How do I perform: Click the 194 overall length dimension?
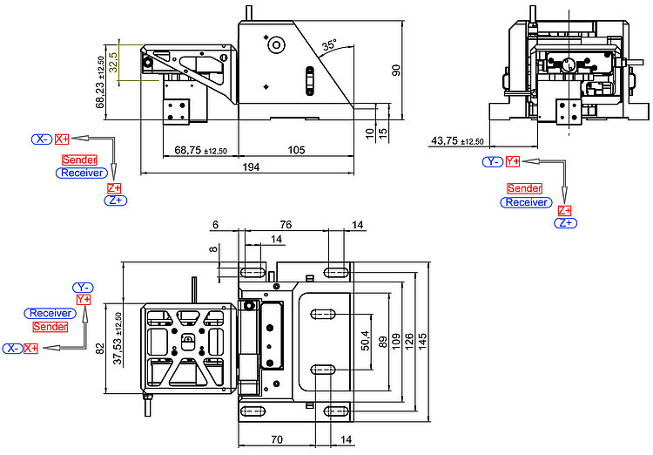[x=251, y=166]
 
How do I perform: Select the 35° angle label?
[x=328, y=44]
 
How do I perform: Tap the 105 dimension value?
[x=296, y=150]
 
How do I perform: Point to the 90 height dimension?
[x=396, y=70]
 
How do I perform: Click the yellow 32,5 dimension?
[x=113, y=62]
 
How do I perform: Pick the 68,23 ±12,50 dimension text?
[x=101, y=83]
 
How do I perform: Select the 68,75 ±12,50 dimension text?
[x=201, y=150]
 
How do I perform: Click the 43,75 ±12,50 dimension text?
[x=457, y=141]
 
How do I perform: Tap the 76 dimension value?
[x=286, y=225]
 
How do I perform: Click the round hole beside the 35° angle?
[x=276, y=44]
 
